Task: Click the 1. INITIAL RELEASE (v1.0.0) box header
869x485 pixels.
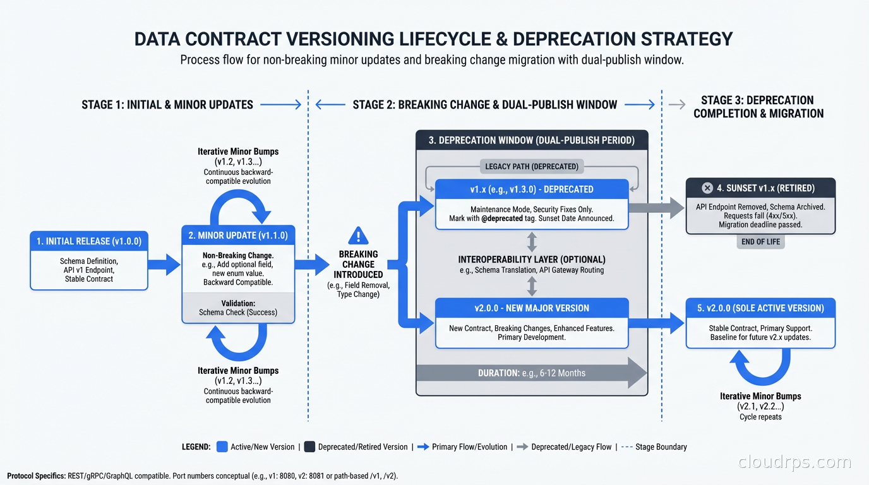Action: (89, 241)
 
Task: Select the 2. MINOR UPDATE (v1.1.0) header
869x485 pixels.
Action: (238, 236)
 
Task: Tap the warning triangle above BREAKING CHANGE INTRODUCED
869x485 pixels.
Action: (358, 236)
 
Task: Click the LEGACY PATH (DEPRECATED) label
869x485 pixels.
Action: (532, 167)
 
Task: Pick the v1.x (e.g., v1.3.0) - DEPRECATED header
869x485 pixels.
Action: (532, 189)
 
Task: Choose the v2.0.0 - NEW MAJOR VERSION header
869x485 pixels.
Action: (532, 308)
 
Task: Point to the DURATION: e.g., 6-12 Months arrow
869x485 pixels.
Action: (532, 373)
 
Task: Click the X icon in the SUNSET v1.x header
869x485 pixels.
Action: (707, 188)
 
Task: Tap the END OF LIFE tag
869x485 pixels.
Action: (760, 242)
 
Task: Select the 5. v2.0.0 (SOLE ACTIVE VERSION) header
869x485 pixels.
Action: (760, 308)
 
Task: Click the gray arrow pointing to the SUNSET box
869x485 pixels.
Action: (657, 207)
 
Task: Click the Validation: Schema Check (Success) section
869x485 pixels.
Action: (238, 308)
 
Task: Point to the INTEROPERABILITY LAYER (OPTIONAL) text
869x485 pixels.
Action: (532, 260)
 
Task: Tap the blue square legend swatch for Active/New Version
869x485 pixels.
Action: (222, 446)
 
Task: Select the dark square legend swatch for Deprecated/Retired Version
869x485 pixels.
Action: (309, 446)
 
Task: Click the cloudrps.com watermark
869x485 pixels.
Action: (795, 463)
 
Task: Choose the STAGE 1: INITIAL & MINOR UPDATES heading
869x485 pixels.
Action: (167, 105)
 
